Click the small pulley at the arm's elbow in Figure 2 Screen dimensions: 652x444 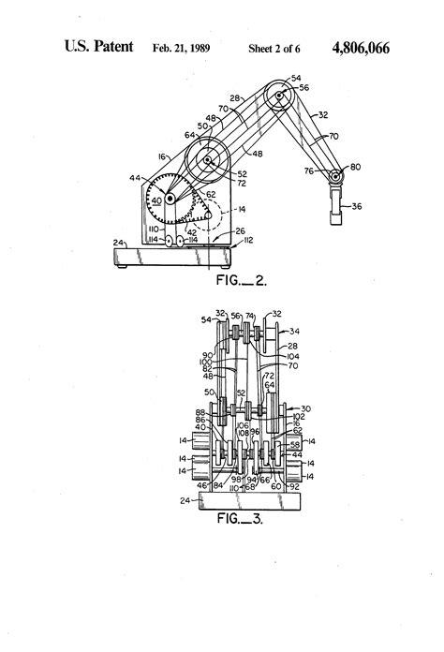(276, 96)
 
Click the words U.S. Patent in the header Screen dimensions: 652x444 (97, 46)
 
